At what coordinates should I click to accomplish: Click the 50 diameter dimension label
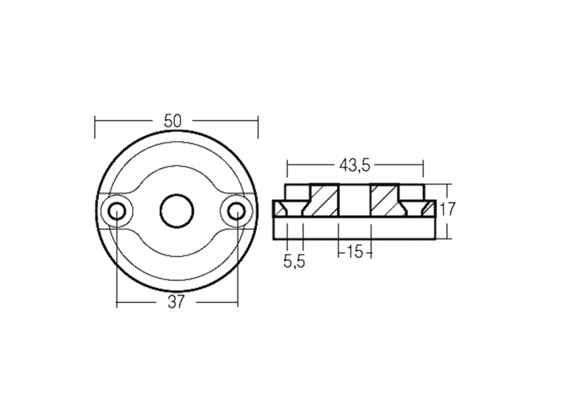click(x=172, y=120)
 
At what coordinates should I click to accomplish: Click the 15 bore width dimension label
click(x=354, y=253)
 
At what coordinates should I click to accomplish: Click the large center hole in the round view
click(x=177, y=210)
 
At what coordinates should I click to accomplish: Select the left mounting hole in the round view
click(x=117, y=210)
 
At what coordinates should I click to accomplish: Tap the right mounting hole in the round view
click(x=236, y=210)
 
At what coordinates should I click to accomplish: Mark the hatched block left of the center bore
click(x=324, y=200)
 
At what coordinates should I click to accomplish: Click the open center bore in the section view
click(x=354, y=200)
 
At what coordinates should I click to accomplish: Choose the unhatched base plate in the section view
click(x=354, y=228)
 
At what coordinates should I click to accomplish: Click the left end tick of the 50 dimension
click(x=95, y=127)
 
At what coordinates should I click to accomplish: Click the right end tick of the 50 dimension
click(x=258, y=127)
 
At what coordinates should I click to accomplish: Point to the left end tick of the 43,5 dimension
click(x=287, y=167)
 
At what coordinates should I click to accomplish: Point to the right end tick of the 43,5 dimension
click(x=423, y=167)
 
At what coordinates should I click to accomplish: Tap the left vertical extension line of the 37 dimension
click(x=117, y=261)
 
